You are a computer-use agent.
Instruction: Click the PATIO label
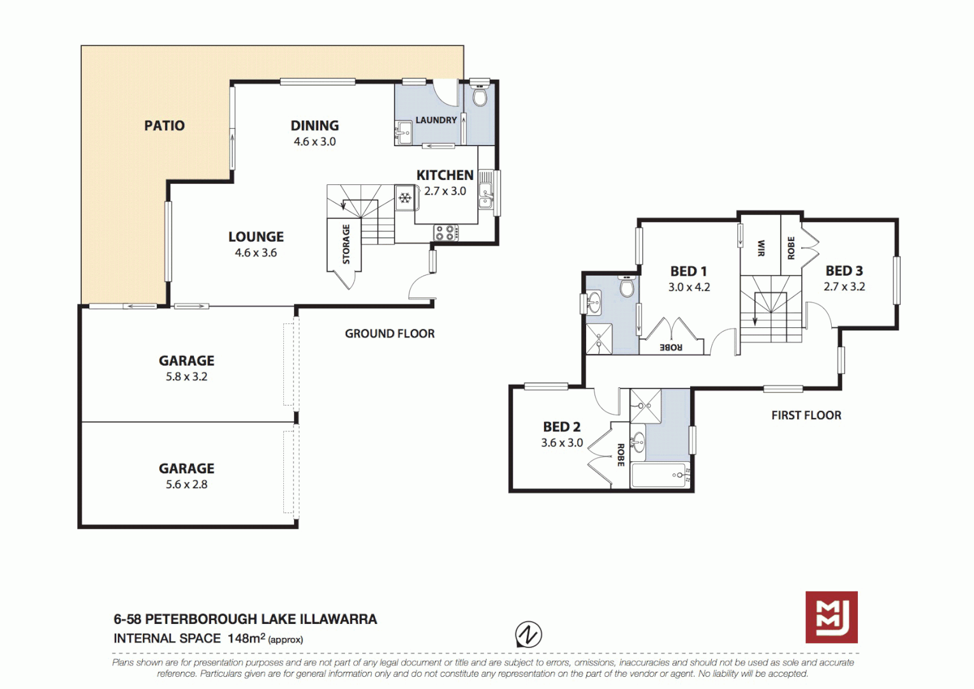[x=164, y=126]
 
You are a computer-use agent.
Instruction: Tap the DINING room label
[x=314, y=126]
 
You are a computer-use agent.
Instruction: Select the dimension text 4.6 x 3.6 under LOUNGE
[x=255, y=253]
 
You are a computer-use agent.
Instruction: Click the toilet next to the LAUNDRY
[x=480, y=98]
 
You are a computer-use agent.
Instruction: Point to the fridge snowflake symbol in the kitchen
[x=404, y=198]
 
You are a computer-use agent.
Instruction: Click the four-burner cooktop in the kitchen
[x=445, y=233]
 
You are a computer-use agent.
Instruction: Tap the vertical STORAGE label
[x=346, y=244]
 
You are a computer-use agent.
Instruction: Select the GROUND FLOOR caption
[x=389, y=334]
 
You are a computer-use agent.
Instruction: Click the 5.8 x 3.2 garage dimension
[x=186, y=376]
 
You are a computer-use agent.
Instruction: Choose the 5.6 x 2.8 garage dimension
[x=186, y=484]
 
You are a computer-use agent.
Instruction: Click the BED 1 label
[x=688, y=271]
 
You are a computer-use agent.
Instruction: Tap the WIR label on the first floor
[x=760, y=248]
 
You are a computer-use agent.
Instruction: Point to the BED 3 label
[x=843, y=270]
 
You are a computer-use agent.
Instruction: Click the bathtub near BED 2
[x=658, y=475]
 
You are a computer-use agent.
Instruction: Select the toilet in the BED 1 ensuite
[x=627, y=288]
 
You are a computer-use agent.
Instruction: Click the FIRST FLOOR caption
[x=806, y=415]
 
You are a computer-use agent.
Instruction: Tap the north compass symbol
[x=528, y=635]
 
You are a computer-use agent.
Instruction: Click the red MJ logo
[x=830, y=617]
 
